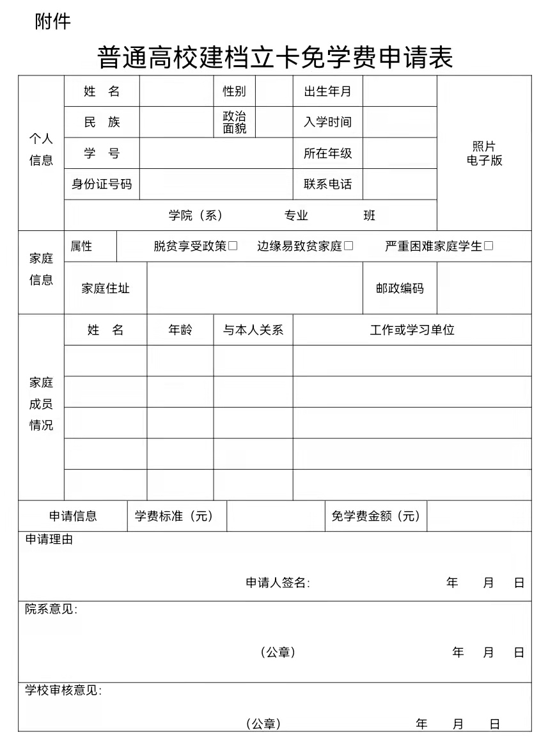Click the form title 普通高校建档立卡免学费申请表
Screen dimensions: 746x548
coord(275,58)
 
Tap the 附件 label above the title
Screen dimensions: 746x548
coord(52,22)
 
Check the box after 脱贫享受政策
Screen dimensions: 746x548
coord(233,246)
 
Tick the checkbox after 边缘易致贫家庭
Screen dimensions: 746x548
coord(348,246)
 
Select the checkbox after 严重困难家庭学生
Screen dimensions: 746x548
coord(489,246)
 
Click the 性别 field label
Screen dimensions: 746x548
coord(234,91)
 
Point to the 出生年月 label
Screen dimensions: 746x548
coord(327,91)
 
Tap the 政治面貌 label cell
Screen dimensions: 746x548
coord(234,122)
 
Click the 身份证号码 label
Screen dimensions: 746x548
coord(102,184)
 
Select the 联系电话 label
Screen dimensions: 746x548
coord(327,184)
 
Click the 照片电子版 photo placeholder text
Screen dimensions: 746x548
coord(484,154)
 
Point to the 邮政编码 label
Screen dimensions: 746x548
coord(400,289)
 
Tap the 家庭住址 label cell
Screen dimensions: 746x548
coord(106,289)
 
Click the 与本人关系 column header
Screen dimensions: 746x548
coord(253,330)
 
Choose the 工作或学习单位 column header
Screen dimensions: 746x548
coord(412,330)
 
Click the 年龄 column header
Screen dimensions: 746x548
coord(180,330)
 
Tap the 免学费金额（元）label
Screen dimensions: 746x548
coord(376,516)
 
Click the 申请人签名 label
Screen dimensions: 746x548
coord(278,583)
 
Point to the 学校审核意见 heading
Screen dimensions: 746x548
coord(63,690)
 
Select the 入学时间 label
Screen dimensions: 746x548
coord(327,122)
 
